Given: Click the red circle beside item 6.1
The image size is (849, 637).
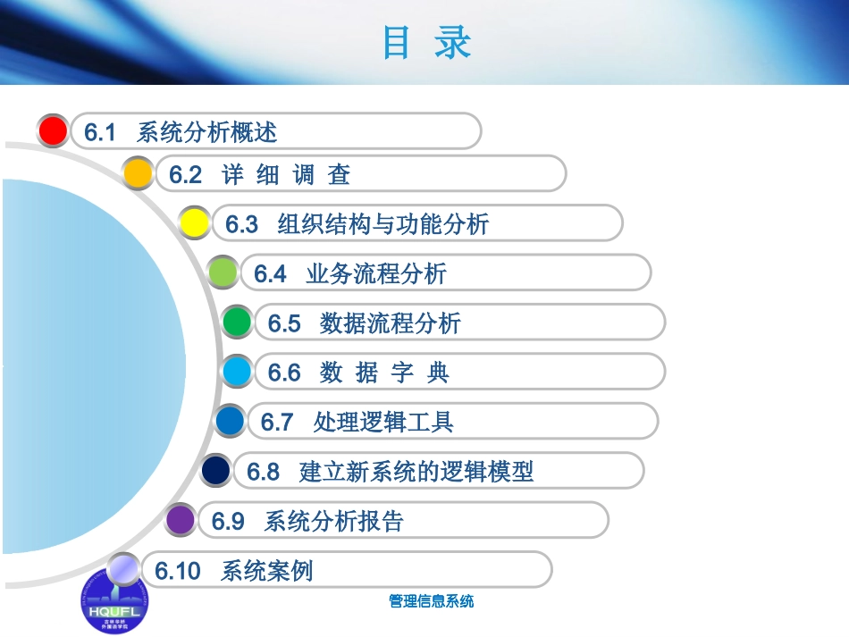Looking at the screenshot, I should pyautogui.click(x=54, y=130).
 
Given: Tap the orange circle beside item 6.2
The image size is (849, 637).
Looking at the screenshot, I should pyautogui.click(x=138, y=172).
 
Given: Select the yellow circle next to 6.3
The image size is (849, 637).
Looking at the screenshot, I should pyautogui.click(x=194, y=222).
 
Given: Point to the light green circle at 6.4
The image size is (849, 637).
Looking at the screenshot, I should pyautogui.click(x=223, y=272).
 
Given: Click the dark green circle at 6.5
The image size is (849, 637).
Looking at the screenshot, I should pyautogui.click(x=238, y=322).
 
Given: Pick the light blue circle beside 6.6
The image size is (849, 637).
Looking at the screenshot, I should pyautogui.click(x=238, y=371).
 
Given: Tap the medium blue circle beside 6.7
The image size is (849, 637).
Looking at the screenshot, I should pyautogui.click(x=231, y=420).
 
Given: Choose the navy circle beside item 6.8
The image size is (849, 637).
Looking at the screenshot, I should pyautogui.click(x=216, y=470).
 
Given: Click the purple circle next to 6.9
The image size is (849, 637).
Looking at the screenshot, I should pyautogui.click(x=181, y=519).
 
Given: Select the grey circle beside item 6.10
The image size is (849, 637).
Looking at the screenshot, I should pyautogui.click(x=123, y=568).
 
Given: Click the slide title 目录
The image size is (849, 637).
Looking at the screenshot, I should pyautogui.click(x=426, y=43).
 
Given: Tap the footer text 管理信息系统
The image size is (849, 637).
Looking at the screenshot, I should pyautogui.click(x=432, y=601).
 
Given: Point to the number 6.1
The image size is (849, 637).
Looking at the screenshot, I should pyautogui.click(x=101, y=132).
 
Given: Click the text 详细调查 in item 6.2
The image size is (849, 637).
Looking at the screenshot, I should pyautogui.click(x=286, y=175).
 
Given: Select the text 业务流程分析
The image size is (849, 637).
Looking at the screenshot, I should pyautogui.click(x=376, y=273).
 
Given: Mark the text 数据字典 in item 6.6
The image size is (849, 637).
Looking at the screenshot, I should pyautogui.click(x=384, y=373).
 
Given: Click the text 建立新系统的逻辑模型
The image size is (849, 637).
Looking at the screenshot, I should pyautogui.click(x=416, y=471).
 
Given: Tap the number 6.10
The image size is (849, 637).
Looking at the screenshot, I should pyautogui.click(x=178, y=571).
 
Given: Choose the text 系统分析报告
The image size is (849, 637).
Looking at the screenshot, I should pyautogui.click(x=334, y=521).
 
